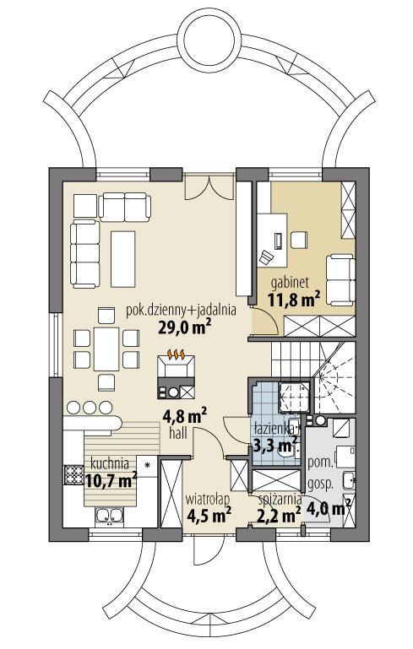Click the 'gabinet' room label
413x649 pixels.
click(x=289, y=281)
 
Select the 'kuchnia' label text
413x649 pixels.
click(x=106, y=463)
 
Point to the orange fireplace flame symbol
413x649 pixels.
click(x=176, y=355)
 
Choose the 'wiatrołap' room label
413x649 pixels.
click(x=207, y=499)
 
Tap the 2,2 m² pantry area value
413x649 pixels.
click(x=280, y=514)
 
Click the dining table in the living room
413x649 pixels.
click(x=106, y=349)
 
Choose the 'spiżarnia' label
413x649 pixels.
click(x=279, y=499)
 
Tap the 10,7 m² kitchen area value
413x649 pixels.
click(x=111, y=480)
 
